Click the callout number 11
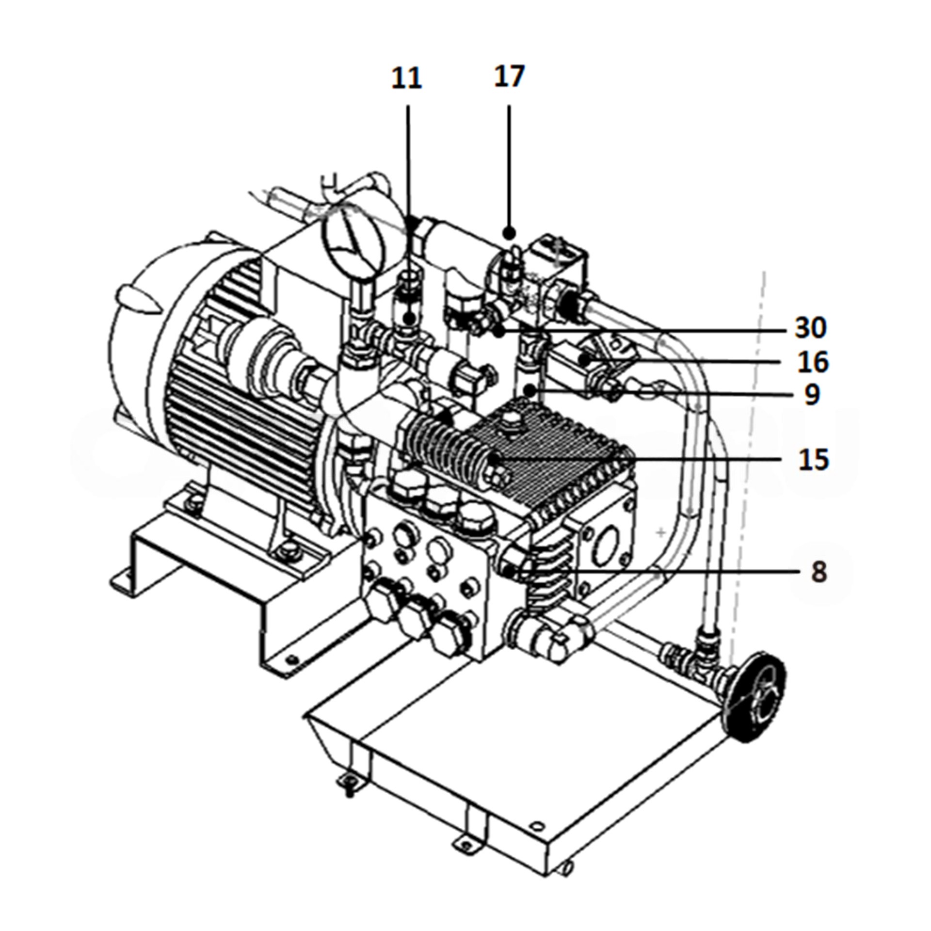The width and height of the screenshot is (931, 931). tap(406, 79)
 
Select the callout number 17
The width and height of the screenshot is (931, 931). tap(509, 76)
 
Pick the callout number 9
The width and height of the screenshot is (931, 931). tap(811, 395)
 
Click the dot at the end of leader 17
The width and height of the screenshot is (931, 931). tap(509, 233)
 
